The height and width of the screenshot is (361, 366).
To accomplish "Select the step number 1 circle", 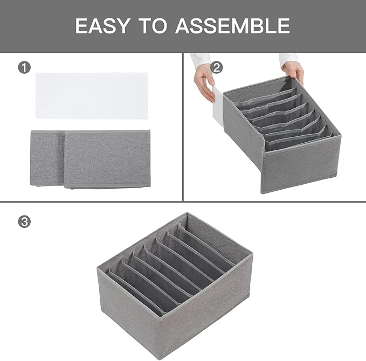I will coord(24,67).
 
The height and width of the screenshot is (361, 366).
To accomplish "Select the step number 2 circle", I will coord(216,67).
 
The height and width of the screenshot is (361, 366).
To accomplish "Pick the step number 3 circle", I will coord(24,221).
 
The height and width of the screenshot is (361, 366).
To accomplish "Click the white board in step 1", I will coord(91,96).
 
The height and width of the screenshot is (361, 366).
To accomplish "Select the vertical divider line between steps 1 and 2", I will coord(184,127).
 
